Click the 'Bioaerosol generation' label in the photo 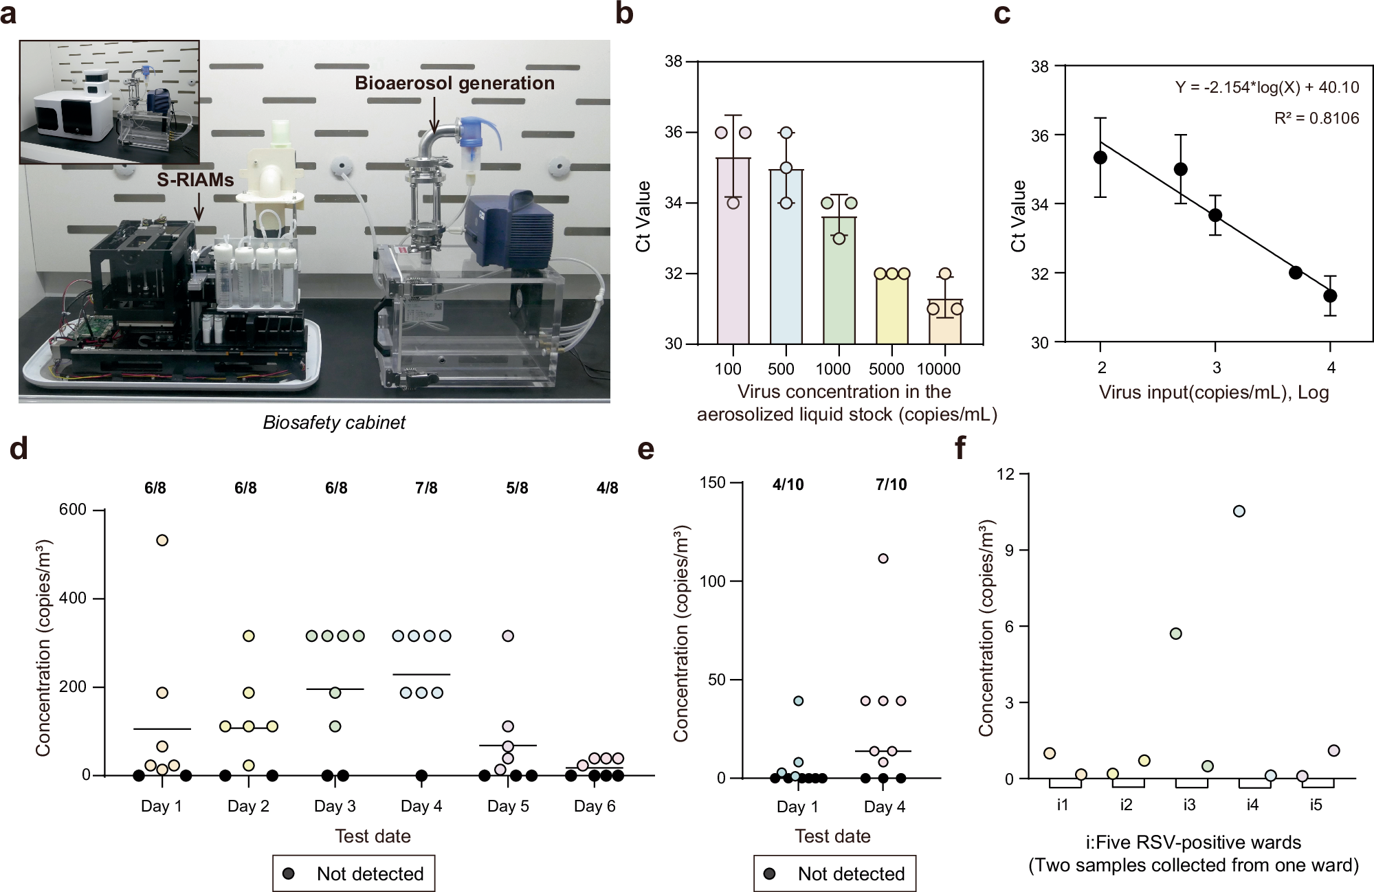(454, 83)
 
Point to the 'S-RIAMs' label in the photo (195, 180)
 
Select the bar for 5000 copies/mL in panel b (892, 309)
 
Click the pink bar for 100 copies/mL (733, 251)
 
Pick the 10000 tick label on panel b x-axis (938, 369)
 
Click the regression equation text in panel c (1267, 88)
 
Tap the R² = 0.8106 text (1316, 118)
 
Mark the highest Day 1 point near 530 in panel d (162, 540)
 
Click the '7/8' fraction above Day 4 (426, 488)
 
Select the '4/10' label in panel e (788, 484)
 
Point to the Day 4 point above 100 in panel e (883, 558)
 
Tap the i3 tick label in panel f (1189, 805)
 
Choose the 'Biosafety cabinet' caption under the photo (334, 422)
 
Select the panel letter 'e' (646, 450)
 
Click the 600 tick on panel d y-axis (73, 510)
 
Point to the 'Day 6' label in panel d (595, 806)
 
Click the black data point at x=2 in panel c (1100, 157)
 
